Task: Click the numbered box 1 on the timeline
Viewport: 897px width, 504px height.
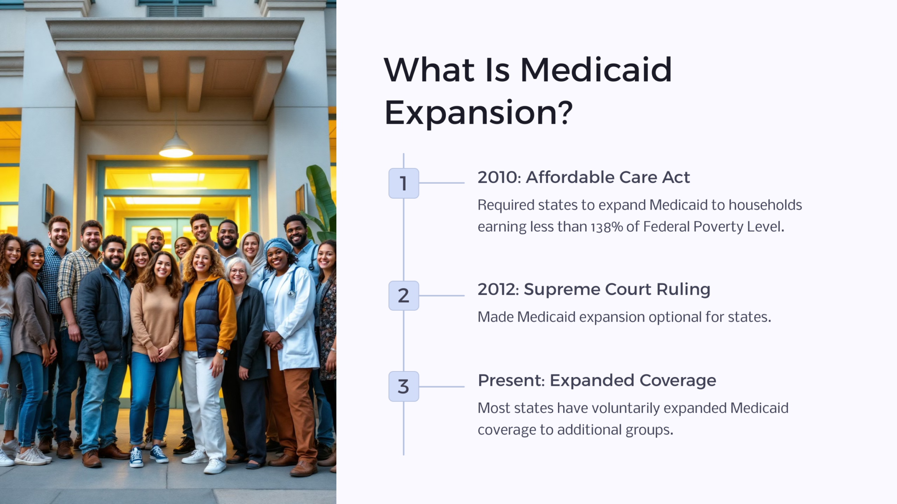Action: click(x=403, y=183)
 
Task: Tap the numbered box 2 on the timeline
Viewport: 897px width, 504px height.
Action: click(x=403, y=296)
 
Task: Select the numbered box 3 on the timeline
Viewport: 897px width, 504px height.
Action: click(x=403, y=386)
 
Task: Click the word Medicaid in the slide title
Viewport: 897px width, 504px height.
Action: click(x=596, y=70)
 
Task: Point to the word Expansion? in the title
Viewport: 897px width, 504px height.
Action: click(x=478, y=112)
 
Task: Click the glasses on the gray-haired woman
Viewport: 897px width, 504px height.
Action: click(x=238, y=271)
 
